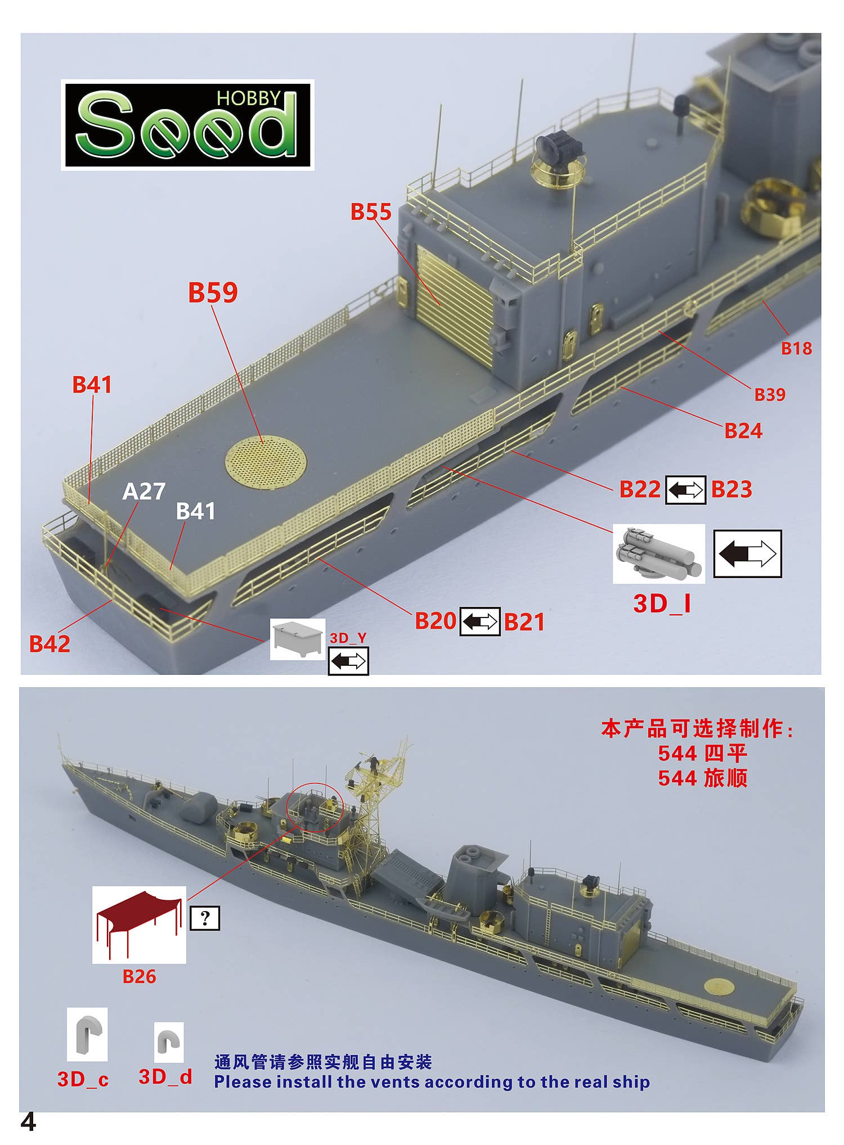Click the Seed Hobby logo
(187, 125)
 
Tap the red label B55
(371, 212)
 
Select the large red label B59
(213, 292)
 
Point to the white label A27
(144, 492)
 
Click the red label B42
(50, 644)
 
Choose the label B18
(796, 349)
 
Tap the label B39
(770, 395)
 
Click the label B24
(743, 431)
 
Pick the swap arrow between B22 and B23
(685, 489)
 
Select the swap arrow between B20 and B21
(480, 621)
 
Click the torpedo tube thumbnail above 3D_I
(658, 554)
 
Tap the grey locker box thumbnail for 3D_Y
(298, 639)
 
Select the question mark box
(205, 918)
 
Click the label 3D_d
(165, 1077)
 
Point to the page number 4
(28, 1123)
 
